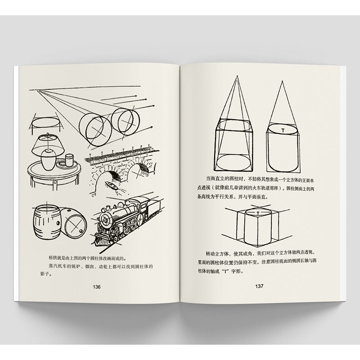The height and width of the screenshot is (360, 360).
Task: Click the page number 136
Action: click(97, 287)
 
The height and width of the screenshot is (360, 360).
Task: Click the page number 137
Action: click(259, 286)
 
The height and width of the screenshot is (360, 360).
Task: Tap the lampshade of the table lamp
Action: click(49, 145)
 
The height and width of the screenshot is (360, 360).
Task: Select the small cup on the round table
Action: click(69, 160)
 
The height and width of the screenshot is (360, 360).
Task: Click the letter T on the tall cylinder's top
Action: click(283, 130)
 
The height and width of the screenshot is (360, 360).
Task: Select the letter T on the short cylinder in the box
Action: click(258, 213)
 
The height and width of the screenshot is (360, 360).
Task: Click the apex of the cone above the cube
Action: click(237, 76)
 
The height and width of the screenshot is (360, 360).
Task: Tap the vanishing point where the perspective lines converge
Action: click(36, 90)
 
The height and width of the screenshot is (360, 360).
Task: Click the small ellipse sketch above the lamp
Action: click(45, 122)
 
